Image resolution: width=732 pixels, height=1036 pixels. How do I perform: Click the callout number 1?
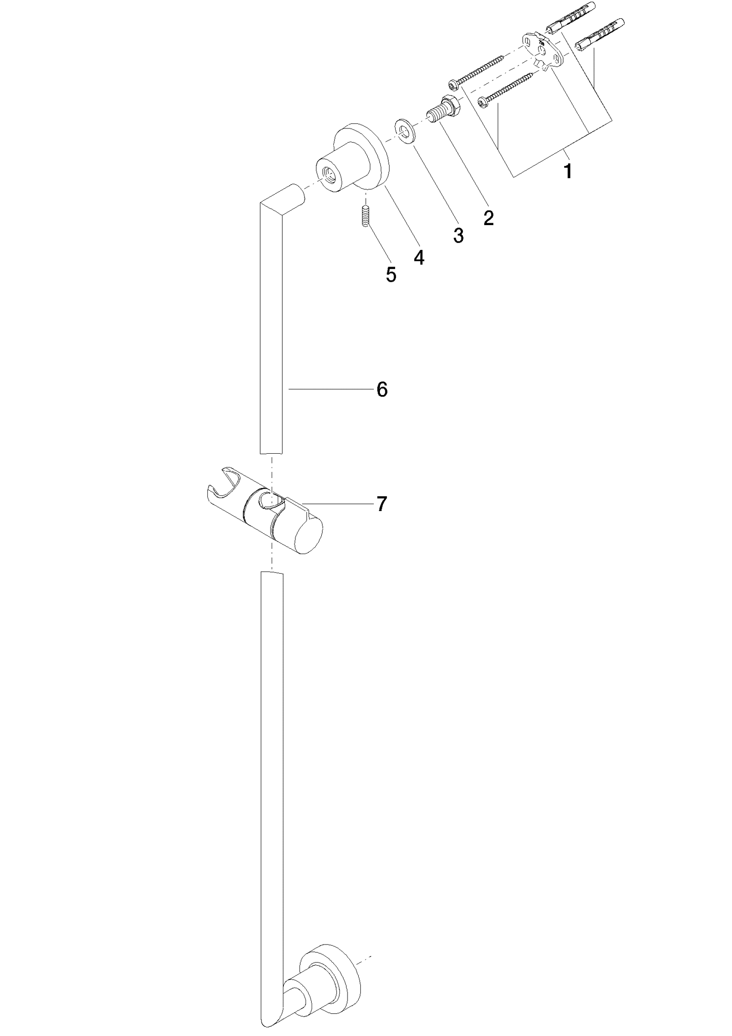click(x=568, y=171)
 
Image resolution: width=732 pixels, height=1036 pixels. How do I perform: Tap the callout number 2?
click(x=488, y=218)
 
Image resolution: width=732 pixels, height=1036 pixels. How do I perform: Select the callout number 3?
click(x=458, y=235)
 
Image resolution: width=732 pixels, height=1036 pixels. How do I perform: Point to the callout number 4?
click(x=418, y=257)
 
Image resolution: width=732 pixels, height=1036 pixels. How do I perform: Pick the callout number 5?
click(x=391, y=275)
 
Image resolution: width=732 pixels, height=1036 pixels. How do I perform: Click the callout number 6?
click(x=382, y=390)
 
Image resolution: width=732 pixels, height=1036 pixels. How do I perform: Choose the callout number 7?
click(x=381, y=504)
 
